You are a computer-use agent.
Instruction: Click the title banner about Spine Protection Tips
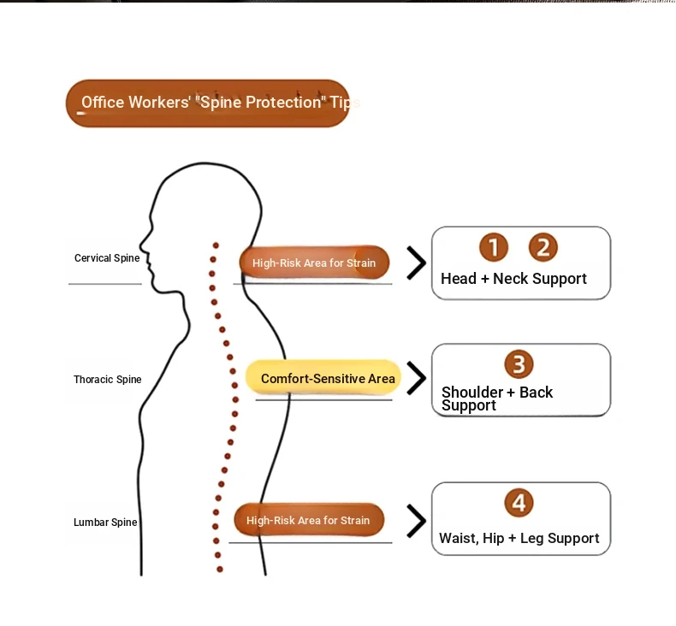(x=207, y=103)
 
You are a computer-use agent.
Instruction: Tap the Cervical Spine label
(x=107, y=258)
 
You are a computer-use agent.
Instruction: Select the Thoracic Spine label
(x=107, y=380)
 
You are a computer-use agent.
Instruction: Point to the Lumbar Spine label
(x=105, y=523)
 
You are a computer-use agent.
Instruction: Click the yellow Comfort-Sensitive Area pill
(x=323, y=378)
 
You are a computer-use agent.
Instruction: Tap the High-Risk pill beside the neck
(x=314, y=263)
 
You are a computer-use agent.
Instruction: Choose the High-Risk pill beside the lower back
(x=309, y=520)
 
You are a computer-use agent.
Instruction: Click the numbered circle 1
(x=494, y=247)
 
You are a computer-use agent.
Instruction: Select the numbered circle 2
(x=543, y=247)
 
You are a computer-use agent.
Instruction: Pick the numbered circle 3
(x=519, y=364)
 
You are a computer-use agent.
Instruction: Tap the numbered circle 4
(x=519, y=502)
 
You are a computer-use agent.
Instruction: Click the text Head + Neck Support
(x=513, y=279)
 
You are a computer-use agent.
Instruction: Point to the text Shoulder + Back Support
(x=496, y=399)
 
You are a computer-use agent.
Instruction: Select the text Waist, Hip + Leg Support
(x=519, y=538)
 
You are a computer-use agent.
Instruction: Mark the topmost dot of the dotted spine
(x=216, y=245)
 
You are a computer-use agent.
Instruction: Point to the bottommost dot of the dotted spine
(x=219, y=570)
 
